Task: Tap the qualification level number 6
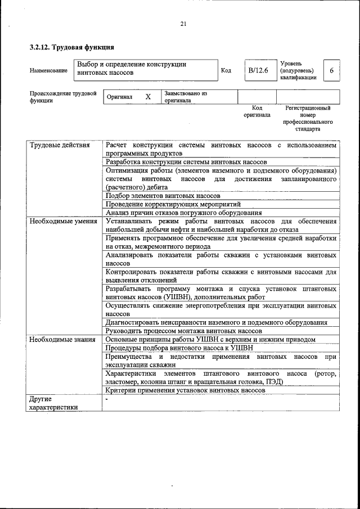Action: tap(331, 70)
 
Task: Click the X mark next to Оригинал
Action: tap(148, 97)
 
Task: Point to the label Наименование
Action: tap(48, 70)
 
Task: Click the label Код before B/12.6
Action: tap(226, 70)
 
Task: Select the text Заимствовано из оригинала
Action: tap(186, 97)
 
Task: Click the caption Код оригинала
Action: tap(257, 111)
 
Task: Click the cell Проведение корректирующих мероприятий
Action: tap(173, 204)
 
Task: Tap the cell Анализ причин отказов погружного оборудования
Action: tap(183, 213)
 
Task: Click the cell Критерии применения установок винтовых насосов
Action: tap(184, 390)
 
